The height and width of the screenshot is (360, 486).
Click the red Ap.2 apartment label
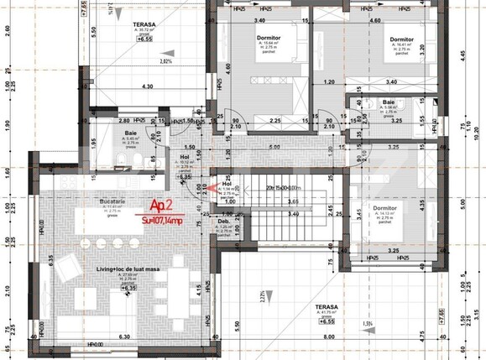(161, 205)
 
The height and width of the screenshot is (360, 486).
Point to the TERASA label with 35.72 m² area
(144, 25)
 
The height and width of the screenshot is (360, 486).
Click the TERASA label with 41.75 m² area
(327, 309)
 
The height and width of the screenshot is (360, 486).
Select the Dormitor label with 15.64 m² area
(269, 39)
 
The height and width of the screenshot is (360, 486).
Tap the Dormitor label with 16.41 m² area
(400, 39)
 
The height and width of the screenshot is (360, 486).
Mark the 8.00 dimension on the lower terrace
(334, 340)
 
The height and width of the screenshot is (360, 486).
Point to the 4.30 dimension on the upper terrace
(147, 86)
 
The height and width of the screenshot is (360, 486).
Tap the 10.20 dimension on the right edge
(478, 131)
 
